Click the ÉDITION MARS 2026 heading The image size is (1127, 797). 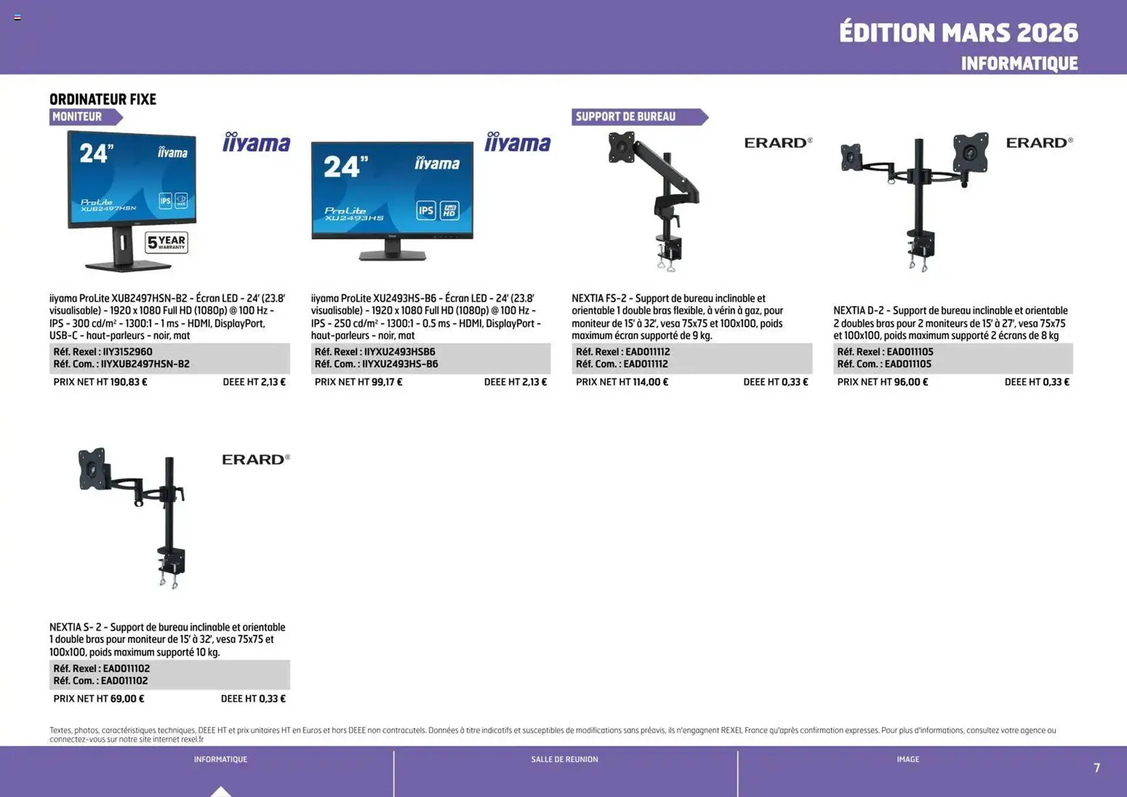tap(958, 33)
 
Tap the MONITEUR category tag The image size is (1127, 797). tap(77, 117)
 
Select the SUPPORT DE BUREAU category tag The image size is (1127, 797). tap(626, 117)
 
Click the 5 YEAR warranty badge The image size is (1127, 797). tap(167, 242)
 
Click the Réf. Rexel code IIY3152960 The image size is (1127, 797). tap(127, 352)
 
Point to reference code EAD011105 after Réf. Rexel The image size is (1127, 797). tap(910, 352)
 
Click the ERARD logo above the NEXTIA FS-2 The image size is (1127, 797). tap(778, 143)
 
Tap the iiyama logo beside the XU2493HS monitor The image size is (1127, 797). tap(517, 143)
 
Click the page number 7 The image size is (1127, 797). tap(1096, 768)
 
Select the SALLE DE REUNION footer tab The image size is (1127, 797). tap(564, 759)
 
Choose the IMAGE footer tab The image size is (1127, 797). tap(907, 759)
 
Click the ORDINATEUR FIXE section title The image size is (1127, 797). tap(103, 99)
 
